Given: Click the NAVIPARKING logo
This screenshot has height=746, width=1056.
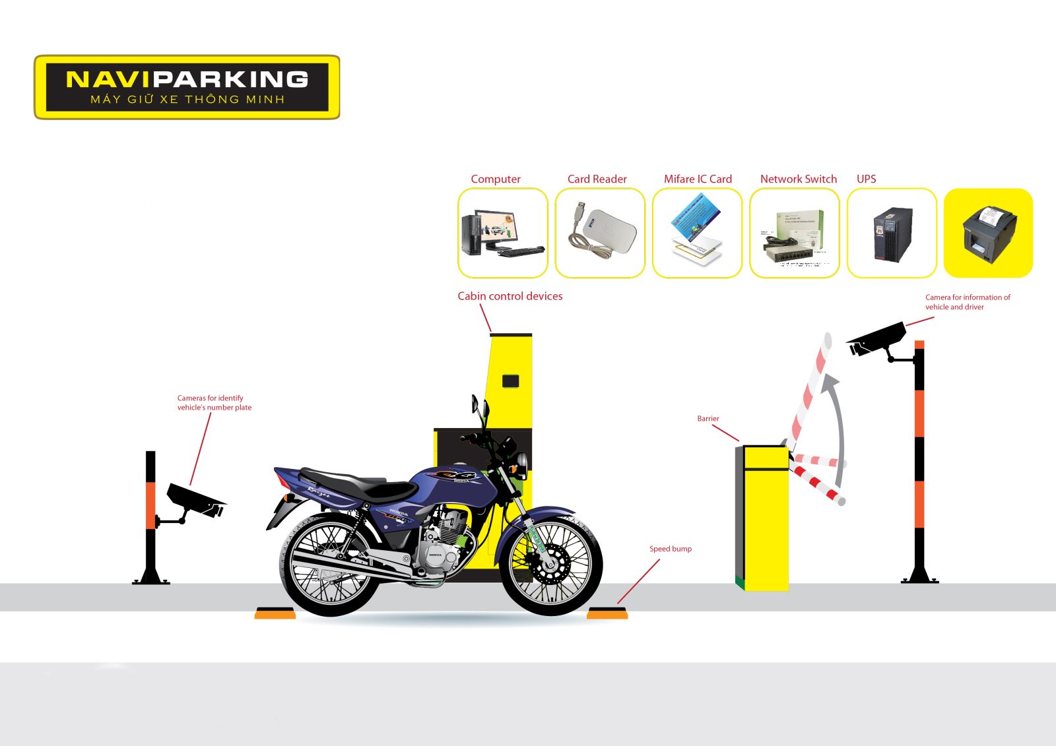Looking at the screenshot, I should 187,87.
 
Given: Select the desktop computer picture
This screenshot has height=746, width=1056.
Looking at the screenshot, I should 502,233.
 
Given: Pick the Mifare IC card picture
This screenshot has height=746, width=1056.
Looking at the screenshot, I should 697,231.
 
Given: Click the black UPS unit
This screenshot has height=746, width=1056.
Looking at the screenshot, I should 892,233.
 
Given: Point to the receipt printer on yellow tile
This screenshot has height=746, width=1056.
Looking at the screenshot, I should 989,233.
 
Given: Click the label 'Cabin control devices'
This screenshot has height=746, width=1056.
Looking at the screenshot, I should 510,296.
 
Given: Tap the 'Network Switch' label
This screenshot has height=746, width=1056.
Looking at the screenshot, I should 798,179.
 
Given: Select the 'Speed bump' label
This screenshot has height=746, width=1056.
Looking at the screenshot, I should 670,549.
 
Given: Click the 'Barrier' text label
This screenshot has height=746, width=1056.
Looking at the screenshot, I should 708,419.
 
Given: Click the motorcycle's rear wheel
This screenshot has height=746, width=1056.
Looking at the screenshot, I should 330,566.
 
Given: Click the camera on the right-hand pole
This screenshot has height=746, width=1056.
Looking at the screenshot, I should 876,339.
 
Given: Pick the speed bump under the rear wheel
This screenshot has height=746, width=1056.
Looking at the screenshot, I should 275,613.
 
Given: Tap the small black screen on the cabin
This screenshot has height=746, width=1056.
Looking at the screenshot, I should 510,381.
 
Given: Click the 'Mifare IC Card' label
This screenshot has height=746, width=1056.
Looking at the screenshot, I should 698,179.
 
